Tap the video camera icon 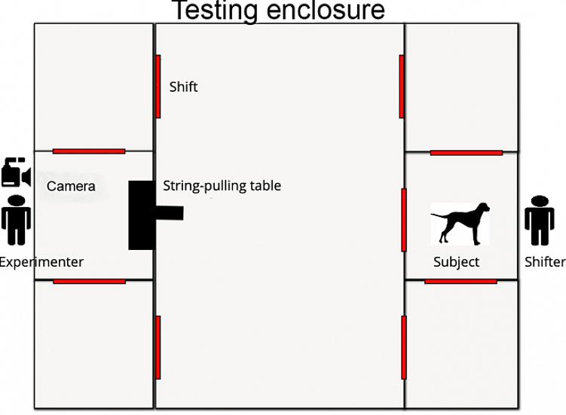click(x=17, y=172)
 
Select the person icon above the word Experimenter click(x=16, y=220)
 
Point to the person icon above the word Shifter click(x=540, y=221)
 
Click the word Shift click(x=183, y=87)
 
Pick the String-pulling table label click(x=222, y=186)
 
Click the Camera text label click(x=71, y=186)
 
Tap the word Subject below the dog click(x=456, y=262)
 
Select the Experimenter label click(x=41, y=262)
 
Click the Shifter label click(x=545, y=262)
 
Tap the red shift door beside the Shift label click(x=158, y=87)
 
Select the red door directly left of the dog click(x=404, y=220)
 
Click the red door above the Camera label click(x=89, y=151)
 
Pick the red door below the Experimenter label click(x=89, y=282)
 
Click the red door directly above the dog click(x=467, y=153)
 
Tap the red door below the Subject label click(x=460, y=282)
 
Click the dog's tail click(x=439, y=215)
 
